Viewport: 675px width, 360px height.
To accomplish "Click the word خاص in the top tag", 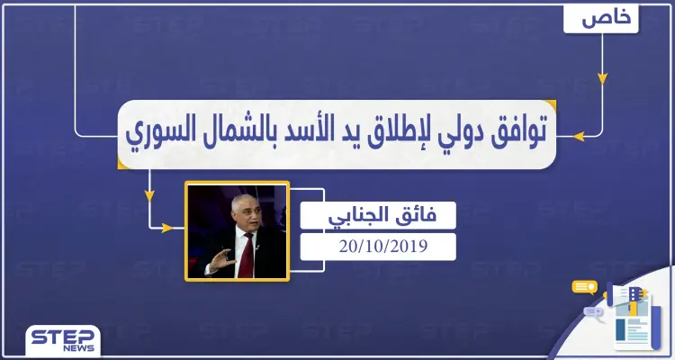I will click(601, 18).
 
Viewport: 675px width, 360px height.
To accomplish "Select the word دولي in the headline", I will click(438, 135).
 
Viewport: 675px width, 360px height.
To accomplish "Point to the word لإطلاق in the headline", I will click(371, 136).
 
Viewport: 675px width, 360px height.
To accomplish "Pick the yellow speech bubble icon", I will click(585, 288).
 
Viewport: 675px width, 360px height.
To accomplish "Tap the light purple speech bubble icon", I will click(595, 311).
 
